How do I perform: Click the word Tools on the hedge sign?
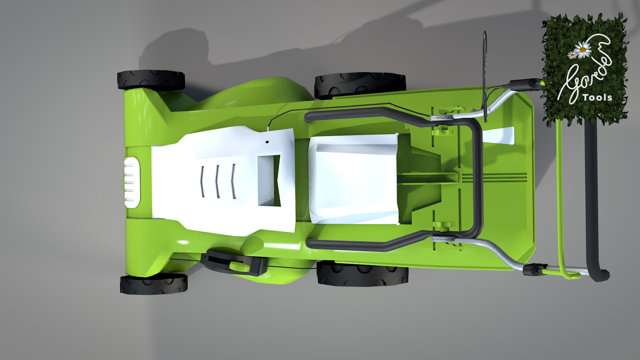point(597,97)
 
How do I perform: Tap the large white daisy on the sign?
point(583,50)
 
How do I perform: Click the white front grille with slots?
point(132,183)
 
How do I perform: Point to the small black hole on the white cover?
point(267,142)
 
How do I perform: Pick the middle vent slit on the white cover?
point(217,182)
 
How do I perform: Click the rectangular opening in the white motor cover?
point(268,180)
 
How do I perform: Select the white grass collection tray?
point(355,179)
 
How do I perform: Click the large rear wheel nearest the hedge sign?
point(360,85)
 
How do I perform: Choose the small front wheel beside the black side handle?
point(153,284)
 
